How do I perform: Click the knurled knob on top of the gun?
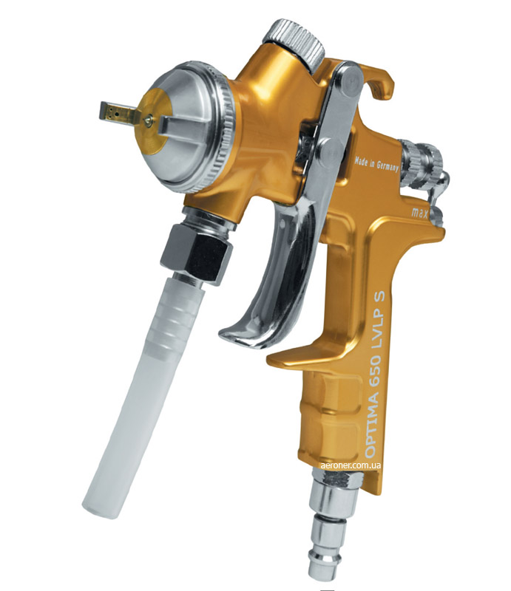(x=294, y=44)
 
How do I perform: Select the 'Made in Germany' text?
(x=376, y=165)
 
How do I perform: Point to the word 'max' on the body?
(x=419, y=213)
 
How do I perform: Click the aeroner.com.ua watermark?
(x=350, y=465)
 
